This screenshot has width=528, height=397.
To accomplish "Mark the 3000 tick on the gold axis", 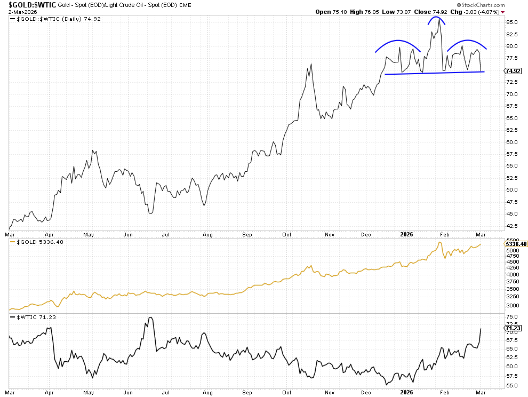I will pos(511,306).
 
